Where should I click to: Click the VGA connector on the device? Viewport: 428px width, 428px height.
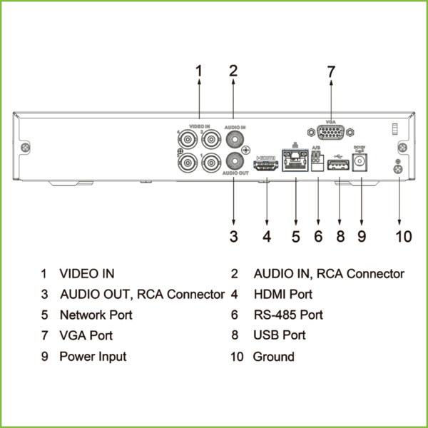(331, 133)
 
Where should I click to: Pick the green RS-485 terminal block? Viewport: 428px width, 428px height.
(317, 163)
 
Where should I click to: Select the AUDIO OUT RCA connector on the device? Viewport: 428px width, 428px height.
(233, 161)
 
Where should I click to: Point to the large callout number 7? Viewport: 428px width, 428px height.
(331, 72)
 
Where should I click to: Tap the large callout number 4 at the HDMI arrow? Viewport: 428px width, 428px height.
(266, 236)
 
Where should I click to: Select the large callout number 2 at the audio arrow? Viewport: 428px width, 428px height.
(233, 71)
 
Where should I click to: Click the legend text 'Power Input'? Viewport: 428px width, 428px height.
(93, 356)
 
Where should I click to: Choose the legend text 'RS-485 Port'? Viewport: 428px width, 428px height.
(288, 315)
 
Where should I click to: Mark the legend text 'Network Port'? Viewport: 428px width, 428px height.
(96, 315)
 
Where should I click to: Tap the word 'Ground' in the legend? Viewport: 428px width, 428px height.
(273, 356)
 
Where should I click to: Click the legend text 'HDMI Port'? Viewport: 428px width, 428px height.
(282, 294)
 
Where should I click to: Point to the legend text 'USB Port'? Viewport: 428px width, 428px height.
(279, 335)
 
